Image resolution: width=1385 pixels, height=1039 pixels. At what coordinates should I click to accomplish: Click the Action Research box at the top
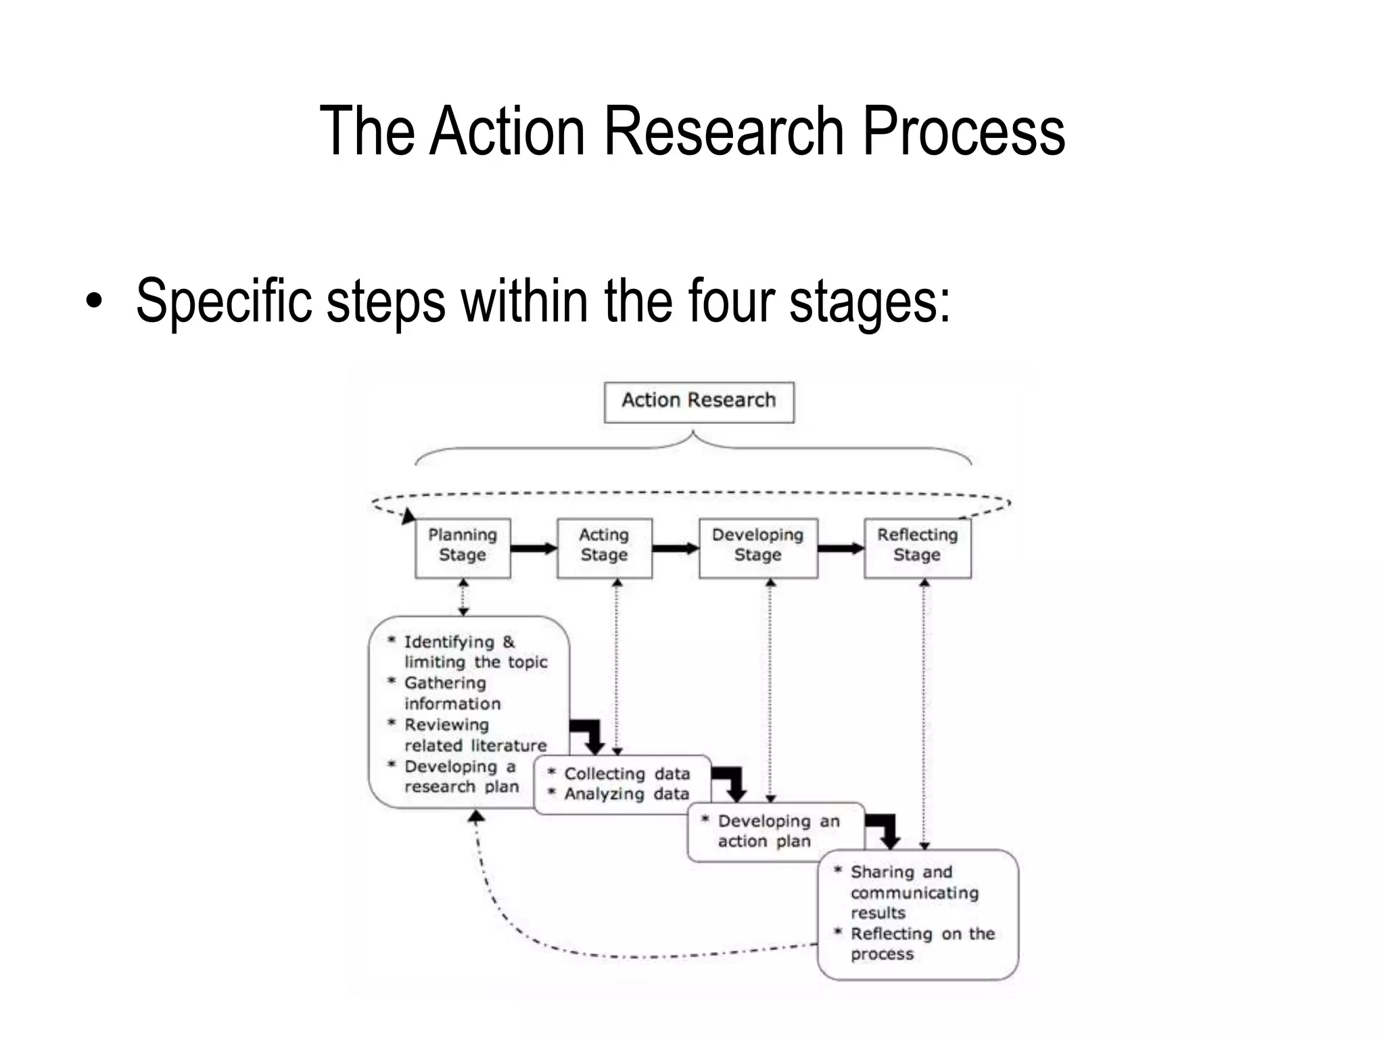pos(699,402)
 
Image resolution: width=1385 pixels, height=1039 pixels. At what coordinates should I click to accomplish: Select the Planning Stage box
pos(463,547)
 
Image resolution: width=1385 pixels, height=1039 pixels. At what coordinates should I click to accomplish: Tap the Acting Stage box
pos(604,547)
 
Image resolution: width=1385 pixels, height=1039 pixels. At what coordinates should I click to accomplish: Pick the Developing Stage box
pos(757,547)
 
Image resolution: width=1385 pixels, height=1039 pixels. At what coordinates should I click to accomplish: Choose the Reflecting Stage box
pos(917,547)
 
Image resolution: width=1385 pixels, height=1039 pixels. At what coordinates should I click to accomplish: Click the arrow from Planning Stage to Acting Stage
pos(534,548)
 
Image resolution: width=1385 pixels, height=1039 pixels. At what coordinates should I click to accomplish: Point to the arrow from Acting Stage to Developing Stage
pos(676,548)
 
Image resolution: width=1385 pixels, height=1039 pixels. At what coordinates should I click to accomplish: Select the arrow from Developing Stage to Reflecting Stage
pos(841,548)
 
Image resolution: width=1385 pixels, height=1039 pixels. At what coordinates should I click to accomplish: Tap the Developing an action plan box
pos(776,831)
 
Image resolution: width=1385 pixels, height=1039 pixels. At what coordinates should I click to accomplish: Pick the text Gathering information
pos(452,693)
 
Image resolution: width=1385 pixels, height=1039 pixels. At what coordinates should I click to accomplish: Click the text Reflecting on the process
pos(921,944)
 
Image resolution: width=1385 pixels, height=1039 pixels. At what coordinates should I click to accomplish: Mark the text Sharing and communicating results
pos(913,892)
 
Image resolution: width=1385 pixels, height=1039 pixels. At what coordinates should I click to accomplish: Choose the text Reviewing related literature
pos(475,735)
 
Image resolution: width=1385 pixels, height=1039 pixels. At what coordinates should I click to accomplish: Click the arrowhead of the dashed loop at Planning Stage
pos(408,517)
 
